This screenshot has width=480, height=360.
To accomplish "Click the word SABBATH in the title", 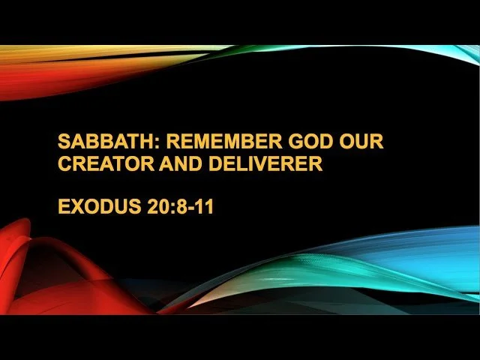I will pyautogui.click(x=97, y=142).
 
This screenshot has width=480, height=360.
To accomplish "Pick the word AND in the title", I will pyautogui.click(x=174, y=163).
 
